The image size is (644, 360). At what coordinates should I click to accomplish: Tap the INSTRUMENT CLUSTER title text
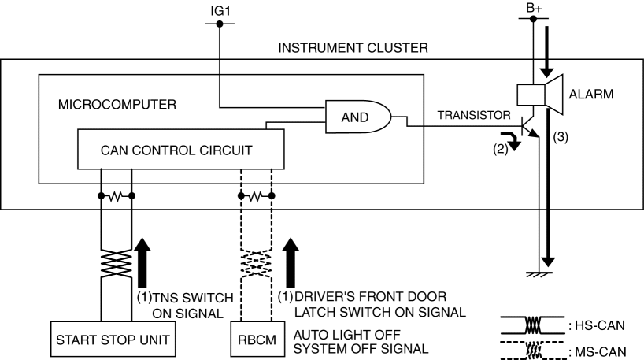click(x=353, y=48)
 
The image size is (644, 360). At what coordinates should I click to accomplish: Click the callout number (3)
click(x=561, y=135)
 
